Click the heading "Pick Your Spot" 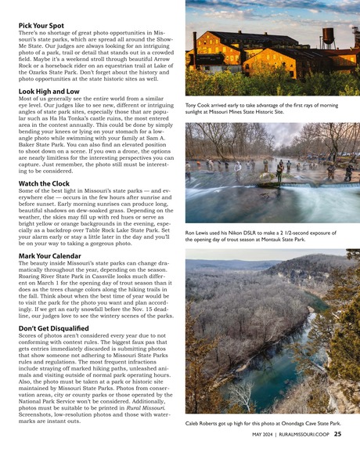41,25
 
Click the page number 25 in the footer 337,433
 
